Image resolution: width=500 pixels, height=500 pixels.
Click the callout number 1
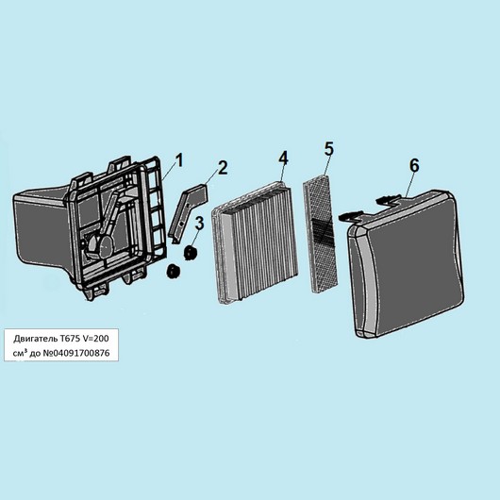coord(180,160)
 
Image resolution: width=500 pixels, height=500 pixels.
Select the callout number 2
coord(223,168)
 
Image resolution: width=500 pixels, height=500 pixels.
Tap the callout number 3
coord(199,224)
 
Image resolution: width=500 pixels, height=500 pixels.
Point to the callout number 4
coord(283,158)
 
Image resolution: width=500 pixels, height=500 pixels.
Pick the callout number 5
coord(328,149)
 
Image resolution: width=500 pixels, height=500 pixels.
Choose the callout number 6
coord(414,165)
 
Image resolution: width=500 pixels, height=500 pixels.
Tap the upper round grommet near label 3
coord(191,253)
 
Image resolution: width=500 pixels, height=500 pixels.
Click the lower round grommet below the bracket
coord(174,272)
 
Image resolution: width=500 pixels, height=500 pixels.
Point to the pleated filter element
coord(255,243)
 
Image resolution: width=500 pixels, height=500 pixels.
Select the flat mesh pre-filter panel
coord(321,234)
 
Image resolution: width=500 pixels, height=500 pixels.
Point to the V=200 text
coord(95,339)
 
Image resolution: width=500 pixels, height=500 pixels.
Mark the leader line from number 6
coord(409,184)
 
